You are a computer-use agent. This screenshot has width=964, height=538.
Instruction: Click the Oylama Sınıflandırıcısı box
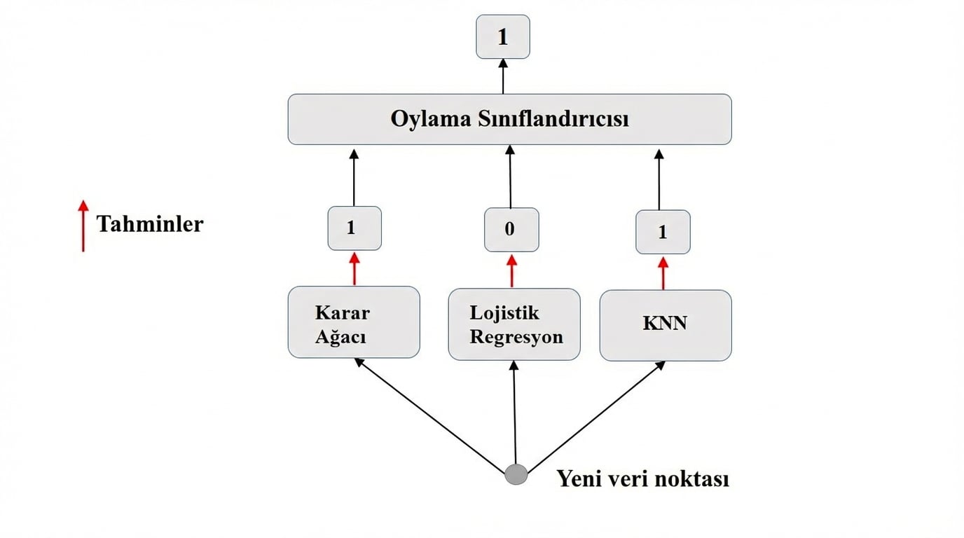click(x=509, y=119)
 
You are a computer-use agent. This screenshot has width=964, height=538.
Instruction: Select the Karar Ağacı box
click(x=354, y=322)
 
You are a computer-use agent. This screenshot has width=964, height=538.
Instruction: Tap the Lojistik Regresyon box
click(x=514, y=324)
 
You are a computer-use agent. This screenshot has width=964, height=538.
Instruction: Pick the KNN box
click(x=666, y=325)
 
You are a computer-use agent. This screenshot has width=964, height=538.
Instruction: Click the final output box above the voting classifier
click(x=502, y=36)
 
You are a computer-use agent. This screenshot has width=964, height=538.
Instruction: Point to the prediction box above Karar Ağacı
click(x=354, y=228)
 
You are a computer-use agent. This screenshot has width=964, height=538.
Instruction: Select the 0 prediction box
click(x=511, y=230)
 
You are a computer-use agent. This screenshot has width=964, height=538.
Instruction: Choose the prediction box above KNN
click(x=663, y=233)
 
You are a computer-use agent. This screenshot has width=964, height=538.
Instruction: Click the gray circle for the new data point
click(x=516, y=474)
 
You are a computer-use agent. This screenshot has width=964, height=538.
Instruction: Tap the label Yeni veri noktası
click(x=642, y=479)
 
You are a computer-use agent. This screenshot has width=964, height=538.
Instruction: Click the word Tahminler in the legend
click(x=150, y=224)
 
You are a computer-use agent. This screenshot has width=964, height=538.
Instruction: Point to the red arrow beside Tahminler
click(x=83, y=226)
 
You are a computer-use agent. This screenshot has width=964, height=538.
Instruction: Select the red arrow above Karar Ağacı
click(x=354, y=268)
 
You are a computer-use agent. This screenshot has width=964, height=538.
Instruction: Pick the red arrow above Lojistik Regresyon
click(x=511, y=270)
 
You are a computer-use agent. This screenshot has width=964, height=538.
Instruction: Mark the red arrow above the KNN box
click(x=663, y=273)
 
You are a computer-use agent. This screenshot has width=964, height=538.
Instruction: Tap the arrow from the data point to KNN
click(x=595, y=417)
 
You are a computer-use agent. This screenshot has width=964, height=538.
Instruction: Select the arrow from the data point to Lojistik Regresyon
click(x=515, y=413)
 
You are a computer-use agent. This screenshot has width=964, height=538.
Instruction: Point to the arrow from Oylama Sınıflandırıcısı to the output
click(x=502, y=76)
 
